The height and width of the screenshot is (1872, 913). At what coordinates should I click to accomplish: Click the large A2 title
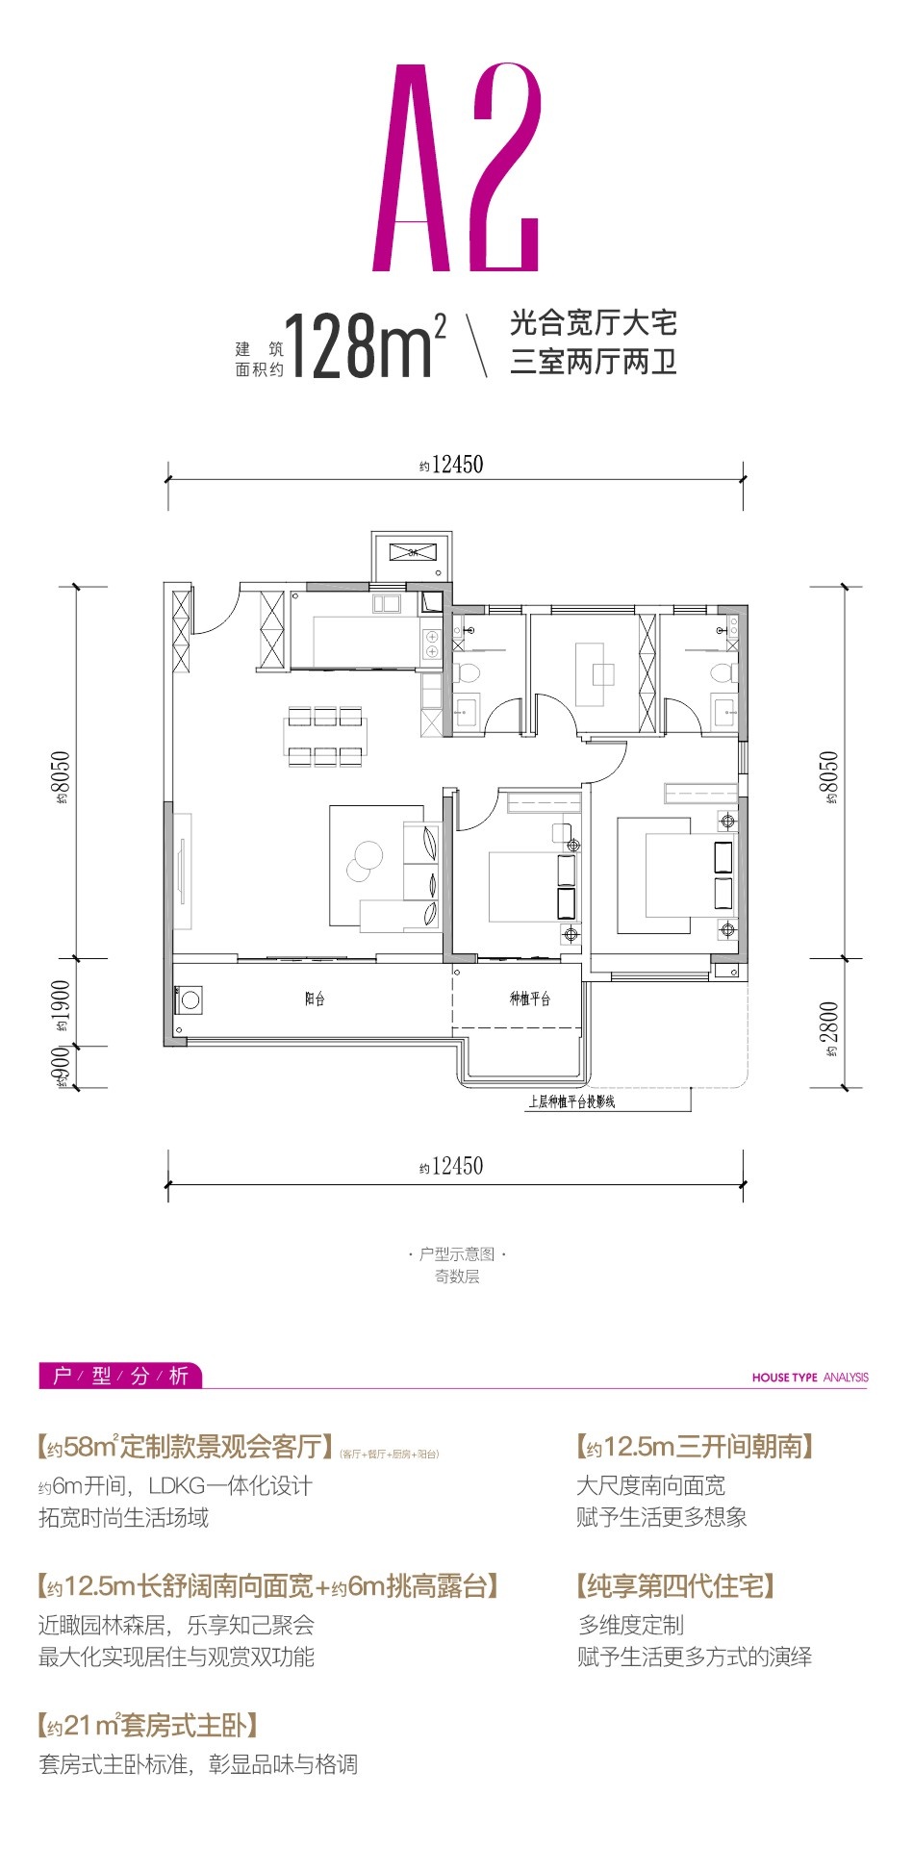coord(457,168)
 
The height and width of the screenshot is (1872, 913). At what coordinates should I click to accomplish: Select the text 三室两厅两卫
coord(594,363)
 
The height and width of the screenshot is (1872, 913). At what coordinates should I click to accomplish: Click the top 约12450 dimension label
coord(451,465)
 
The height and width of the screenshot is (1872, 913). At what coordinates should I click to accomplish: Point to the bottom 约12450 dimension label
coord(451,1166)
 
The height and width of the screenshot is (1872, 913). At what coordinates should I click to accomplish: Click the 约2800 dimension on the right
coord(830,1028)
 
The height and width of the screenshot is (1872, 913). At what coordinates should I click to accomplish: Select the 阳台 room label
coord(315,999)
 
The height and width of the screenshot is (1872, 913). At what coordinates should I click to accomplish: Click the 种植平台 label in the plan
coord(529,999)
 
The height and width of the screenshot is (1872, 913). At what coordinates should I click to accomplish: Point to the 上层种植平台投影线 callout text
coord(571,1101)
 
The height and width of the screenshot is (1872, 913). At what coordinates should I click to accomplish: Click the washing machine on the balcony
coord(190,1000)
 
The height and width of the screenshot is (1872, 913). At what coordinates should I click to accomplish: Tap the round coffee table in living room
coord(365,859)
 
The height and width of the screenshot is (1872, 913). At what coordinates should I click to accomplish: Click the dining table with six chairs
coord(323,736)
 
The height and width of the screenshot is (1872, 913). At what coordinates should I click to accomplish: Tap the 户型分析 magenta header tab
coord(120,1376)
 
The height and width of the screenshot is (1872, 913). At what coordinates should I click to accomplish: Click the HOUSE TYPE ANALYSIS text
coord(809,1378)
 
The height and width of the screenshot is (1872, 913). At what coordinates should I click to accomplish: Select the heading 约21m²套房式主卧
coord(147,1725)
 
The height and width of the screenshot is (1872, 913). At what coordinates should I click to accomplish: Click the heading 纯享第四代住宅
coord(675,1585)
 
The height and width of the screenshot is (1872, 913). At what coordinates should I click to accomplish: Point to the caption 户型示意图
coord(457,1254)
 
